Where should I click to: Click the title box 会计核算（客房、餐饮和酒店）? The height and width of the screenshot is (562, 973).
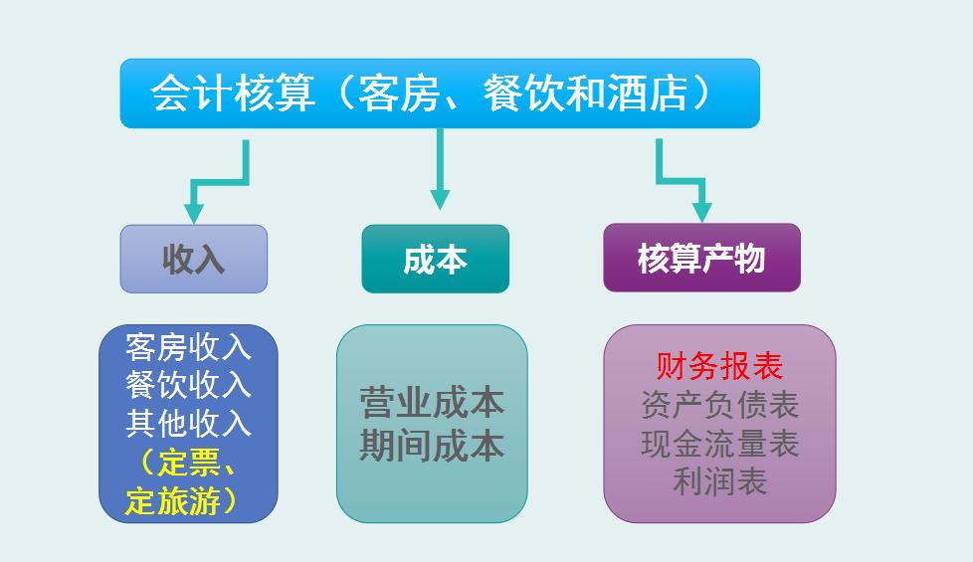tap(439, 94)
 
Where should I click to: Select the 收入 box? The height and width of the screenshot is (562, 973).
tap(194, 259)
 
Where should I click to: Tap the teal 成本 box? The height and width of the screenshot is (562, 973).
tap(435, 259)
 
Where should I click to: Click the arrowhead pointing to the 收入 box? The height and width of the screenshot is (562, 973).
tap(194, 213)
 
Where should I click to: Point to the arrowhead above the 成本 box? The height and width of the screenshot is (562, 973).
tap(439, 198)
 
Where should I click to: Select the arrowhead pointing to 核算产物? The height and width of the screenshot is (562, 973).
tap(701, 211)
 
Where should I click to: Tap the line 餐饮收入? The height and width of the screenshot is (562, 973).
tap(189, 384)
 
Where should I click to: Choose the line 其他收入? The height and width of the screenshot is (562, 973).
tap(189, 423)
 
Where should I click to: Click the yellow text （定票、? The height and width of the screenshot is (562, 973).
tap(189, 463)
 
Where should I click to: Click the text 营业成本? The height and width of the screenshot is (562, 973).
tap(432, 403)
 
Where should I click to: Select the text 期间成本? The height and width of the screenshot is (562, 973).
tap(432, 445)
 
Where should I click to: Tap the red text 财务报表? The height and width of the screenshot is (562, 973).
tap(719, 366)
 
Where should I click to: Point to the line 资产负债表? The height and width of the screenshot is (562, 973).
tap(719, 405)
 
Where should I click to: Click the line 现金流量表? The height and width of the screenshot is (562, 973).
tap(719, 444)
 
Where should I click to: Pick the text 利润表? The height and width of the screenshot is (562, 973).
tap(719, 482)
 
